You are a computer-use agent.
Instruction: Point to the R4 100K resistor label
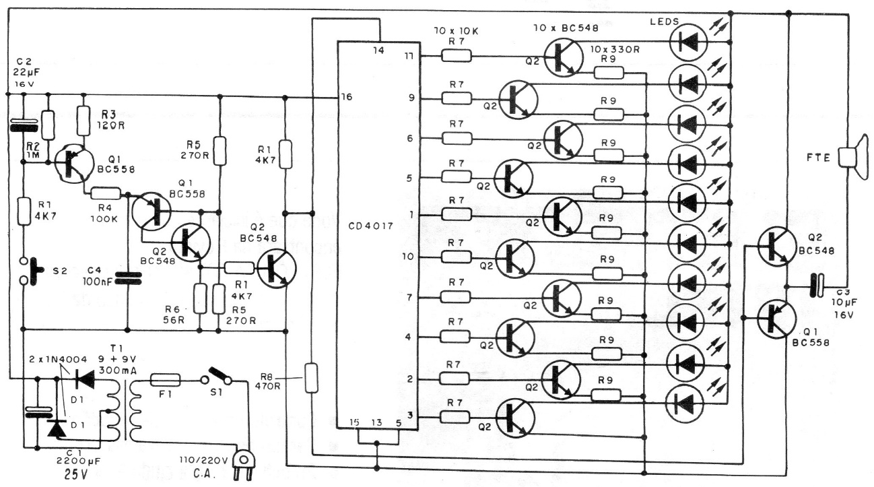105,208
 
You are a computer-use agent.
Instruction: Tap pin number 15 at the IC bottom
354,423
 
